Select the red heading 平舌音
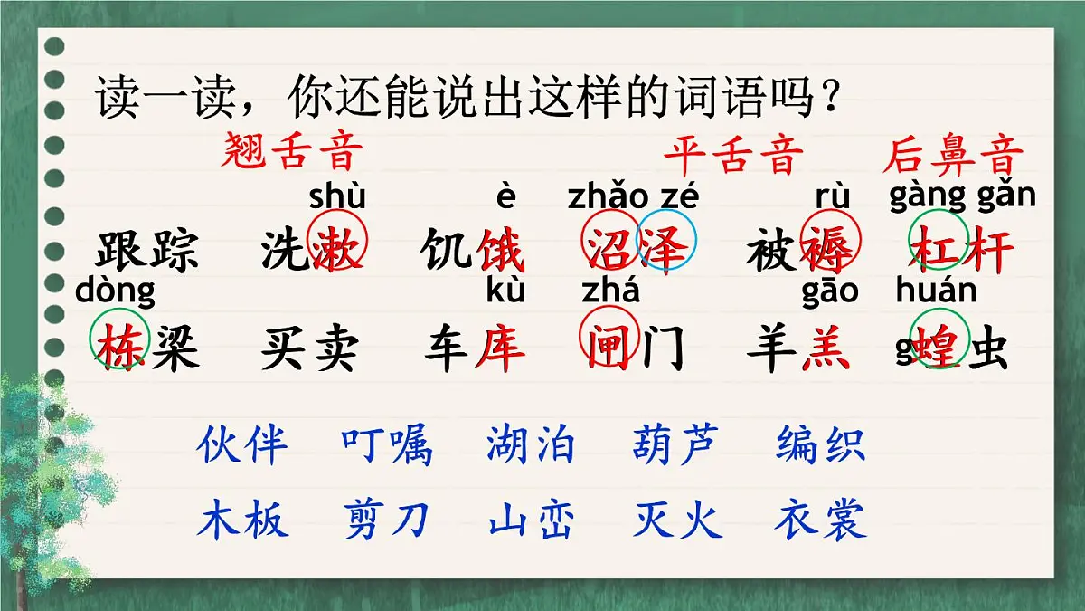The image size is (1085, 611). pos(733,155)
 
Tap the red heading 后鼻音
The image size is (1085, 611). pos(953,155)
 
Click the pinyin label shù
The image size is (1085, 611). pos(337,196)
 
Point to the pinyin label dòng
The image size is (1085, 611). pos(115,291)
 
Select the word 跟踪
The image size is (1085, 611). pos(146,252)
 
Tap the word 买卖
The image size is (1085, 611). pos(309,348)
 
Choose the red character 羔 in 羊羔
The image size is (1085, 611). pos(826,348)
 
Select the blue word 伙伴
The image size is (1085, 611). pos(242,444)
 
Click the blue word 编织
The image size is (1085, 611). pos(820,444)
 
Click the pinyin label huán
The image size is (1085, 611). pos(936,291)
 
